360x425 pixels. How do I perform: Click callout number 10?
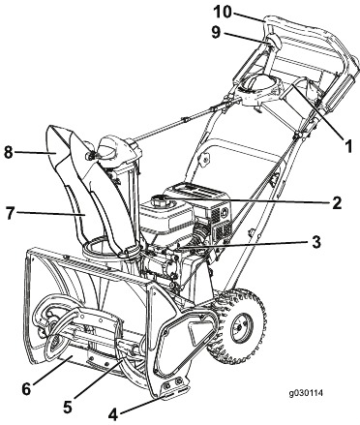pos(223,12)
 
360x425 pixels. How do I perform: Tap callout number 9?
pos(216,32)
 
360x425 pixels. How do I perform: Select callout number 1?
pos(348,146)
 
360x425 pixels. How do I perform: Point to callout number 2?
pos(336,203)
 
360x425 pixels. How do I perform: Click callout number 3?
pos(316,242)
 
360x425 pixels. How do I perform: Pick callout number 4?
pos(113,414)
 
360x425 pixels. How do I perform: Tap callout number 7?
pos(11,213)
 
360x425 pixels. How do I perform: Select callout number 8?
pos(9,152)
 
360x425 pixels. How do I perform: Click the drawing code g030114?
pos(306,393)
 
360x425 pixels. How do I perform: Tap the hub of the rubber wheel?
pos(240,327)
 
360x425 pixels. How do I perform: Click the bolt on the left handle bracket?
pos(204,158)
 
